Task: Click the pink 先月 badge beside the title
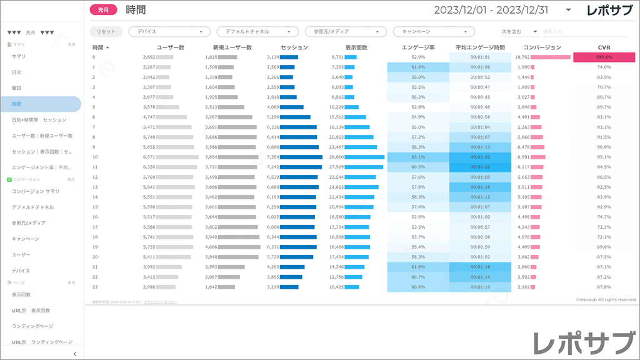point(104,10)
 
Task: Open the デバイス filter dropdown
point(169,31)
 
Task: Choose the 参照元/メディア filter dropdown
point(346,31)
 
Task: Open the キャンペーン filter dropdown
point(434,31)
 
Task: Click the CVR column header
point(604,47)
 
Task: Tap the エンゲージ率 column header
point(418,47)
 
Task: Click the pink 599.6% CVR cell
point(604,57)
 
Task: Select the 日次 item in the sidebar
point(17,72)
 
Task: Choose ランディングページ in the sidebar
point(33,326)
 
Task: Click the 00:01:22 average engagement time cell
point(480,167)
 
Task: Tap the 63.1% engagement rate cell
point(418,157)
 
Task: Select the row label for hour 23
point(94,287)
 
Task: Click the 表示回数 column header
point(356,47)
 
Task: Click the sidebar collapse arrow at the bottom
point(75,354)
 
